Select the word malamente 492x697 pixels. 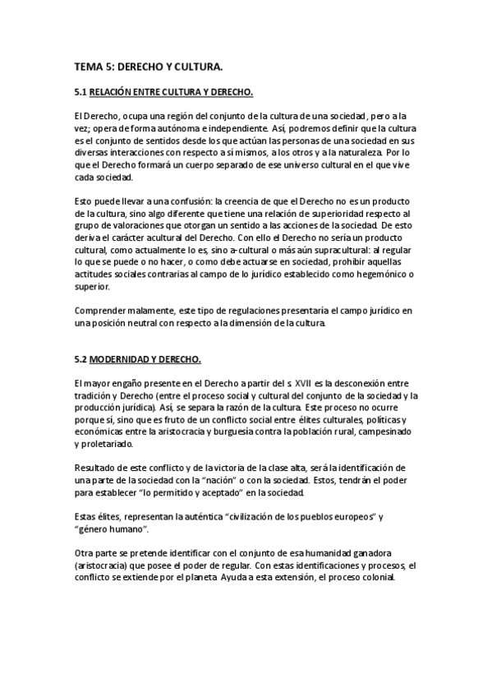(154, 310)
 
